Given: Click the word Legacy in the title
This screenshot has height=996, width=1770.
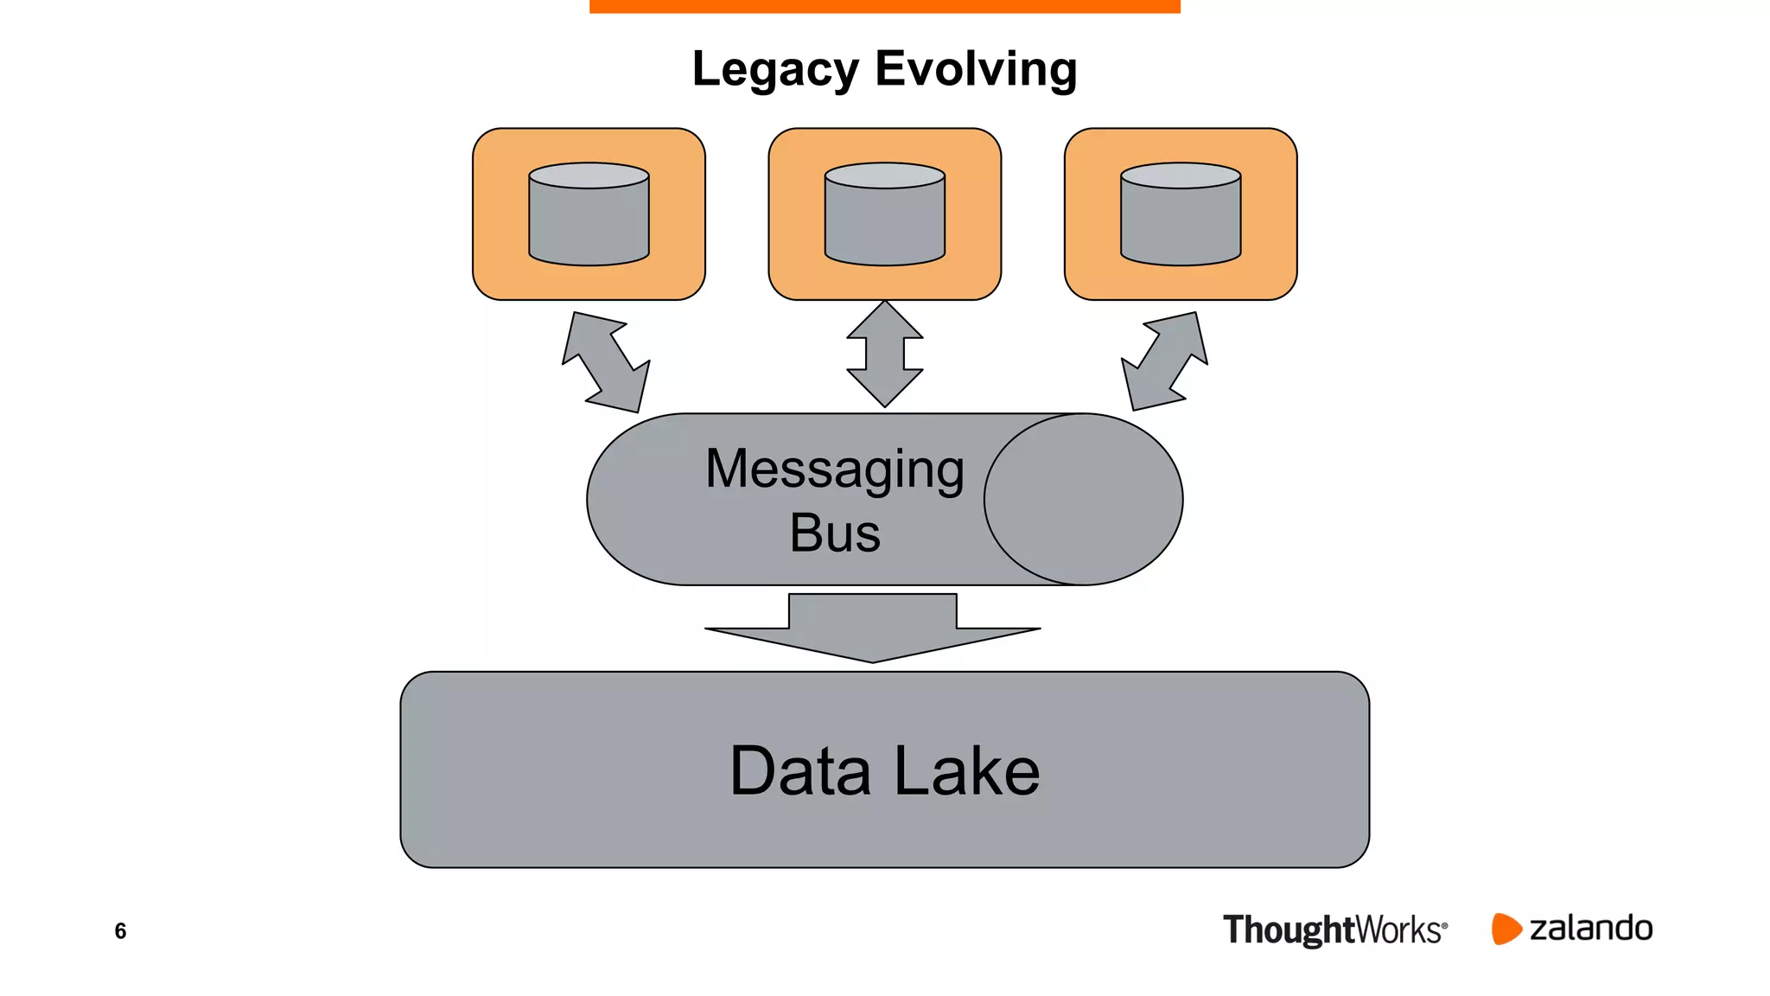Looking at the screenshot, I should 775,69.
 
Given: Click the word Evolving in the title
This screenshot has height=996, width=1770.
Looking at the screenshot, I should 976,68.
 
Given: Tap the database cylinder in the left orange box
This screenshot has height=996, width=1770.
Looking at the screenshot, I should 589,221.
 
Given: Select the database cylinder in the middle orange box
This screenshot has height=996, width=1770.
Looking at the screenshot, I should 884,221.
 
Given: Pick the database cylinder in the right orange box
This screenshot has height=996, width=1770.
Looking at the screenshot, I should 1181,221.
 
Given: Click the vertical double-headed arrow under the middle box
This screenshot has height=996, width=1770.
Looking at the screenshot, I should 885,354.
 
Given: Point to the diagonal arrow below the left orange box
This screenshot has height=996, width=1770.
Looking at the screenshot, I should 606,362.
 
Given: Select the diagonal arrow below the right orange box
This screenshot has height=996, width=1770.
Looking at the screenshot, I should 1164,361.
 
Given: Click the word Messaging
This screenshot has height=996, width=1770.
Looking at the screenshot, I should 834,469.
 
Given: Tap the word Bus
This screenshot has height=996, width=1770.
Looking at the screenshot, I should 834,533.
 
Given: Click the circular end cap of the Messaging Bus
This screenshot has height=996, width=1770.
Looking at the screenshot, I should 1083,500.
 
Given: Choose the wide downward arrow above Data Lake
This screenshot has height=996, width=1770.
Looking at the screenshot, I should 873,629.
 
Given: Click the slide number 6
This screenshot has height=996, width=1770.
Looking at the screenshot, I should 120,931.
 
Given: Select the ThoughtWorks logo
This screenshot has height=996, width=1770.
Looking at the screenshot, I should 1334,930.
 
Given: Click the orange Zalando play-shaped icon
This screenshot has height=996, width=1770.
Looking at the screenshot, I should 1505,929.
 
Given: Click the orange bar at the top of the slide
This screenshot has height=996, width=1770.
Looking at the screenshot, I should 884,6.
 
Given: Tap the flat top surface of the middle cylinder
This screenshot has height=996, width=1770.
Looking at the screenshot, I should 884,176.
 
